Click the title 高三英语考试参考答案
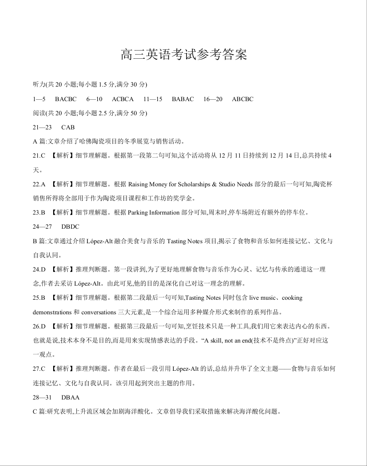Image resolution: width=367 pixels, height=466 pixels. [x=184, y=55]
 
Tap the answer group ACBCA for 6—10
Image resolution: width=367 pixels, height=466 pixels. [x=123, y=99]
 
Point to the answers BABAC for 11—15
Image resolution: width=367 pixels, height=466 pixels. [x=183, y=99]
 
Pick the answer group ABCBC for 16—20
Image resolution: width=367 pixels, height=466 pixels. [x=242, y=99]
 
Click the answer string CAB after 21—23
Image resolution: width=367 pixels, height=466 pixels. [x=68, y=128]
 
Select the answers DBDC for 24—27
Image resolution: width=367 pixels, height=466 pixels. [x=70, y=227]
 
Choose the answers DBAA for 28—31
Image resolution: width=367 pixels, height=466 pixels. [x=70, y=398]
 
